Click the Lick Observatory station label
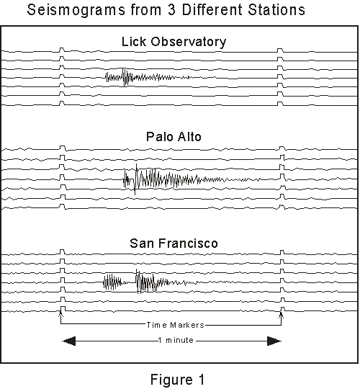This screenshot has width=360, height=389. [174, 42]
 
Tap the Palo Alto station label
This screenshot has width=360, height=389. [174, 137]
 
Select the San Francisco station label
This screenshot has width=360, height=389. [174, 243]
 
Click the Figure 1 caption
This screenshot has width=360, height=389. [178, 380]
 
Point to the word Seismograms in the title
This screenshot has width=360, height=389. [76, 10]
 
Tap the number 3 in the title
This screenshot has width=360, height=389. [171, 10]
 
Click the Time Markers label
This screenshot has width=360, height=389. [175, 325]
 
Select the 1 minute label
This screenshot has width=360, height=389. [176, 340]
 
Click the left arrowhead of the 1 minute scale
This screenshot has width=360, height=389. [68, 341]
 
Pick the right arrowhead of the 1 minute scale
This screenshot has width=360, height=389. [274, 341]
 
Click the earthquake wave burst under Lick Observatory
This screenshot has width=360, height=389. [149, 77]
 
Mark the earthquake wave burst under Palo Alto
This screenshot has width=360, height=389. [192, 179]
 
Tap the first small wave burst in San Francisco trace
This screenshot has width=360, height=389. [115, 282]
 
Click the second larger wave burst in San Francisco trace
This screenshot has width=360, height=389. [166, 282]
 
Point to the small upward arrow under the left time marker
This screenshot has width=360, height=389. [60, 314]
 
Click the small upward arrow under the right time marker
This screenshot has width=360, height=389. [281, 315]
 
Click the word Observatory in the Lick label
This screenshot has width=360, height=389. [189, 42]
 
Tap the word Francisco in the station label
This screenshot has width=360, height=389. [189, 243]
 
